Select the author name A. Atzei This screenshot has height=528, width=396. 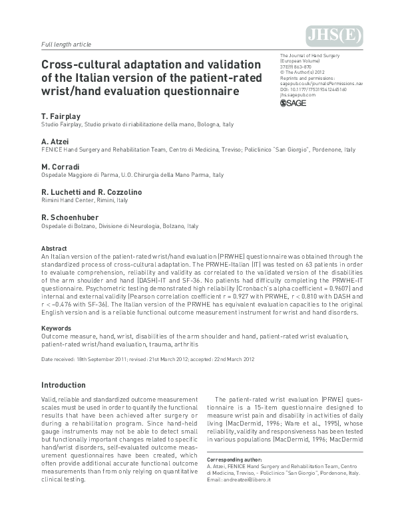(55, 141)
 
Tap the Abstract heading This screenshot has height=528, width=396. (54, 248)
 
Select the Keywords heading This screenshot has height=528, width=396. (56, 328)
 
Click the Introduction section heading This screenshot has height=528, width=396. (68, 385)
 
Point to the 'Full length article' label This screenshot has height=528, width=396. (67, 44)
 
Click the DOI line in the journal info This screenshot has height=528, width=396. (313, 88)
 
